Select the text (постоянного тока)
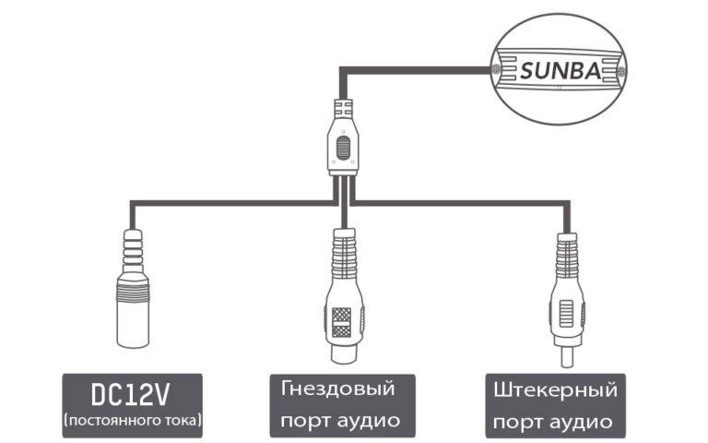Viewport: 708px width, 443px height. (x=132, y=421)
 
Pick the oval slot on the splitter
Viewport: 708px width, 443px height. (x=343, y=148)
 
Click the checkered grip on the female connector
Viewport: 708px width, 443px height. (x=342, y=321)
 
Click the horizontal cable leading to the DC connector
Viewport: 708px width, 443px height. (x=230, y=200)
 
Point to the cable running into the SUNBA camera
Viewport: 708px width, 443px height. (x=415, y=67)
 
